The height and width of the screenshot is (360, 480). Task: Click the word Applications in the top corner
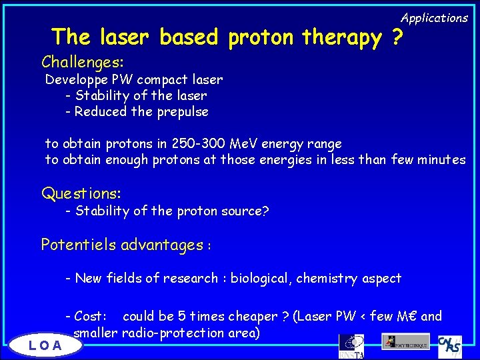pos(434,18)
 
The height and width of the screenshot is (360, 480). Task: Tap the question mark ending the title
pos(397,38)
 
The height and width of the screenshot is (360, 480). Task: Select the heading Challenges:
pos(82,62)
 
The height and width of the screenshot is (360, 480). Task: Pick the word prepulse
pos(183,112)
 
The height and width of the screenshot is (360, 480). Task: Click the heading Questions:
pos(81,194)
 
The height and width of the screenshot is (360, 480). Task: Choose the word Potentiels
pos(79,245)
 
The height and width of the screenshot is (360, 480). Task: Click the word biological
pos(264,278)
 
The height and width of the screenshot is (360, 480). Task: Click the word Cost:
pos(91,316)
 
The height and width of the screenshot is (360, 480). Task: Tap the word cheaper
pos(253,316)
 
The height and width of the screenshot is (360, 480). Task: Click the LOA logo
pos(45,345)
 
